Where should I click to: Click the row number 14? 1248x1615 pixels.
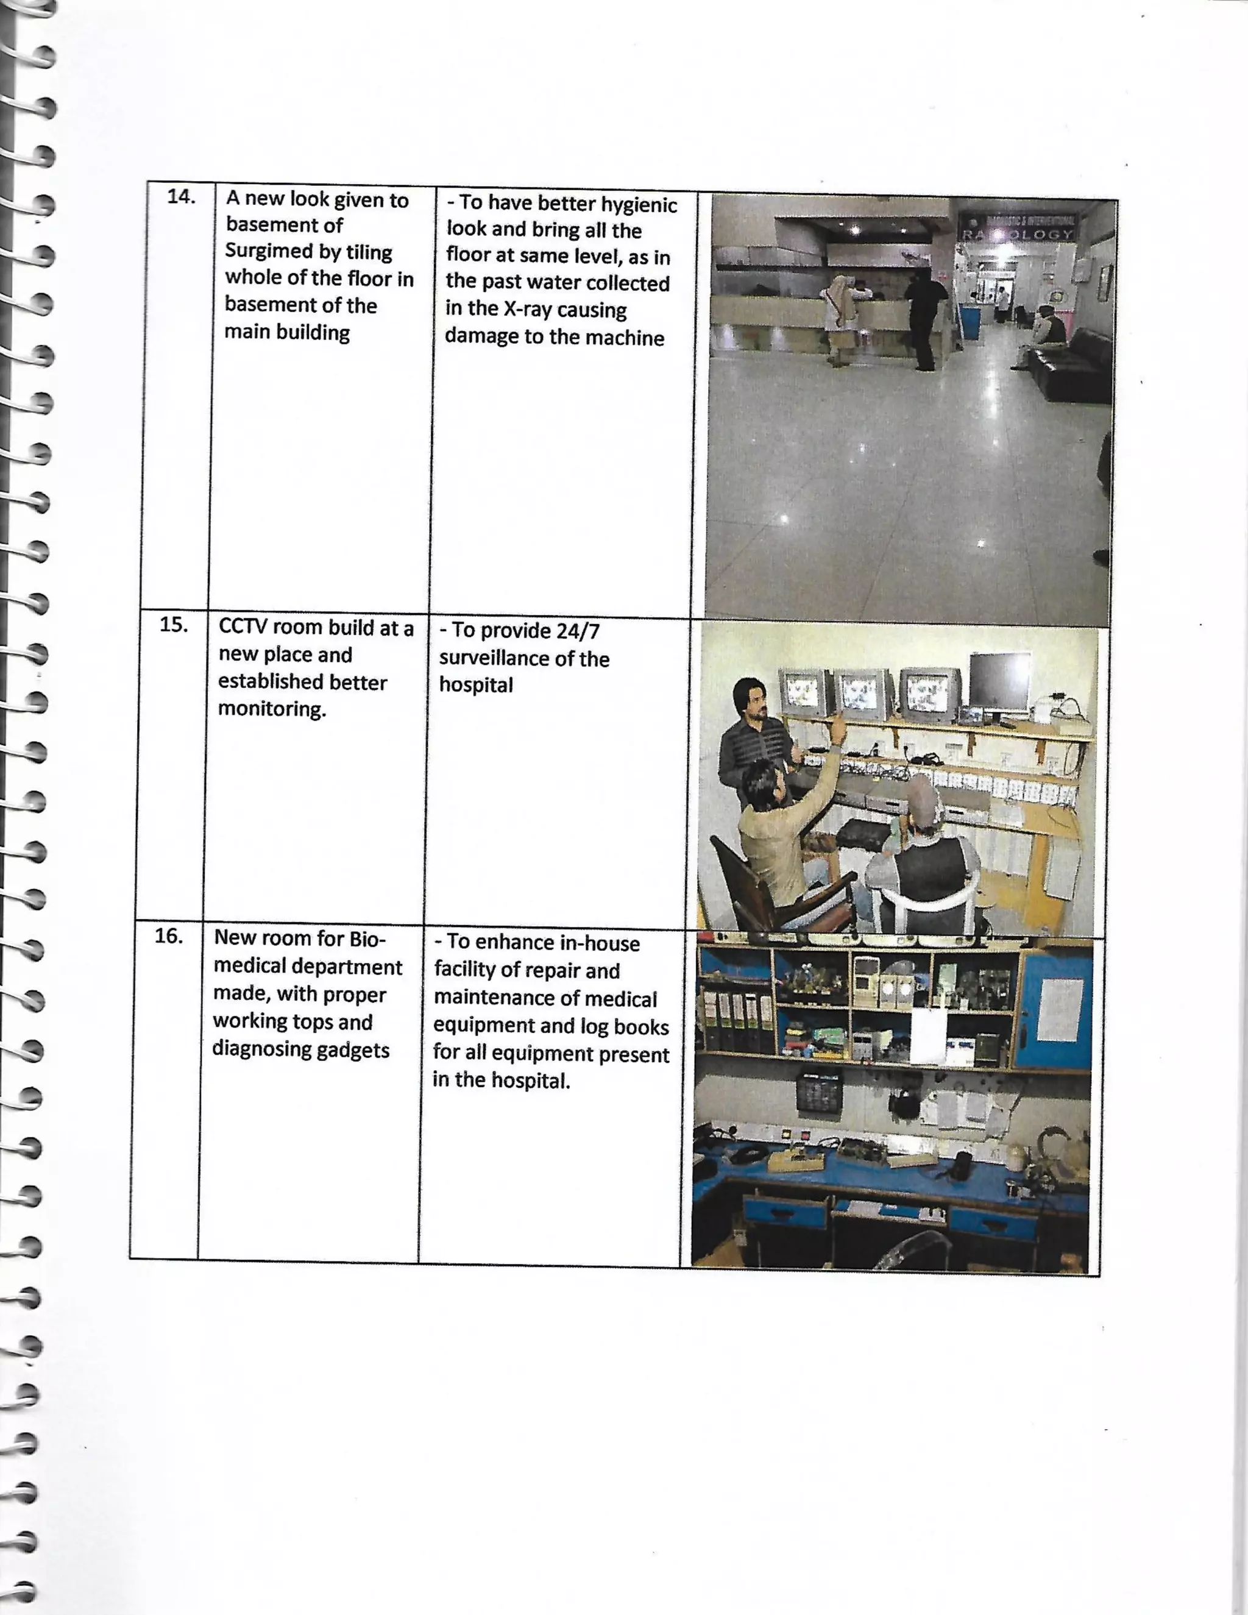(181, 197)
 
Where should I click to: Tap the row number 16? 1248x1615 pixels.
(169, 936)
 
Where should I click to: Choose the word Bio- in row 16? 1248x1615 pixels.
(367, 939)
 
